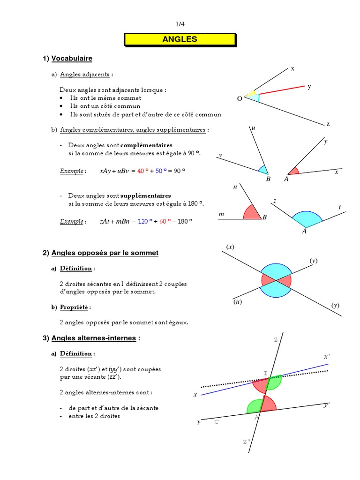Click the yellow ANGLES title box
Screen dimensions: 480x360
180,39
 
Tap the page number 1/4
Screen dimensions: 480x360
180,24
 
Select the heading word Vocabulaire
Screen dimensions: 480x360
72,59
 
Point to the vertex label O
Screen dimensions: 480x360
240,99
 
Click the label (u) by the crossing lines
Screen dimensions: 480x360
237,302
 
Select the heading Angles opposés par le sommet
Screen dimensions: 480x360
105,253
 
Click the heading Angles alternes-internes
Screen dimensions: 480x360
94,338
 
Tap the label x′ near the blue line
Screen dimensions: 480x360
327,357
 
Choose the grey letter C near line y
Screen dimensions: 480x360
216,422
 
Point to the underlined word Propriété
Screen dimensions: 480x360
75,307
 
